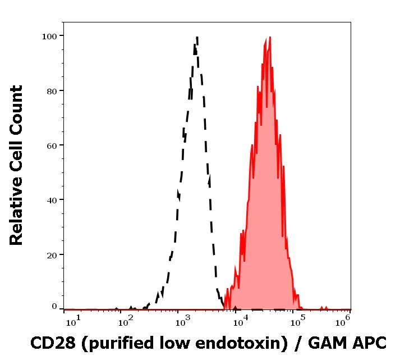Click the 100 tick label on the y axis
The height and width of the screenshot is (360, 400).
tap(50, 37)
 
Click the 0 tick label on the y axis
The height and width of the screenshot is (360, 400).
tap(55, 307)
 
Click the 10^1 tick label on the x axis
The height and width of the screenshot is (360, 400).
tap(73, 320)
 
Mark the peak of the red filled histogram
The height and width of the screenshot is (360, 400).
tap(270, 38)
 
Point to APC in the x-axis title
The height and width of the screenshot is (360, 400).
tap(367, 343)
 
